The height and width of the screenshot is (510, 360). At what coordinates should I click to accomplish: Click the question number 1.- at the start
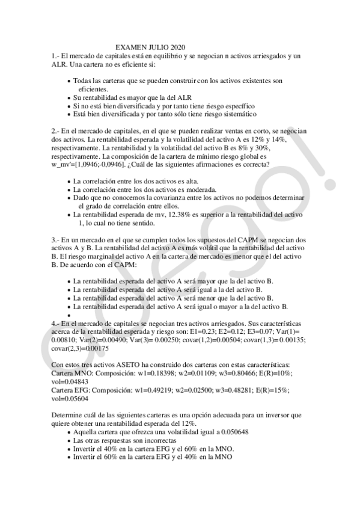(x=57, y=55)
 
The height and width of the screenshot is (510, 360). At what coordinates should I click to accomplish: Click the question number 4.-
(x=57, y=322)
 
